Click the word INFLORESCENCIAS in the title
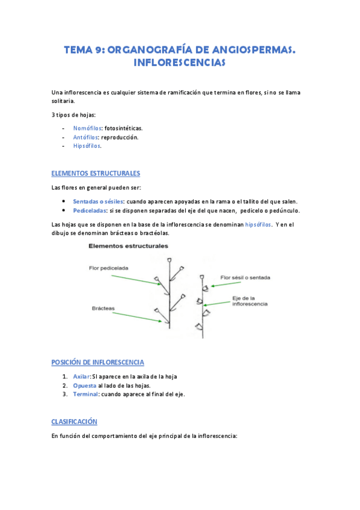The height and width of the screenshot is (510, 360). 180,63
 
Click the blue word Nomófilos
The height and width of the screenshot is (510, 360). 87,128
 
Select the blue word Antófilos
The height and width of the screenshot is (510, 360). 87,137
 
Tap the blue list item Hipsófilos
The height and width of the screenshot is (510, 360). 87,146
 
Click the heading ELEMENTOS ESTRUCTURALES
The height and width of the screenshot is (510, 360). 96,173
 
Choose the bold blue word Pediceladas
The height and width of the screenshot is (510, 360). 90,210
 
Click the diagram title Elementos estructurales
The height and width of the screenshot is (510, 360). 128,246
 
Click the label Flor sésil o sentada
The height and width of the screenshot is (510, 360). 245,278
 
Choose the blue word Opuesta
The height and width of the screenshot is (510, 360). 84,386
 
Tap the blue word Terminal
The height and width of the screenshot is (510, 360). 86,395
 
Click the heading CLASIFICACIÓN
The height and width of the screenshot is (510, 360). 75,422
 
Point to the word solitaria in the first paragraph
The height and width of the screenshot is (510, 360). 63,101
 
